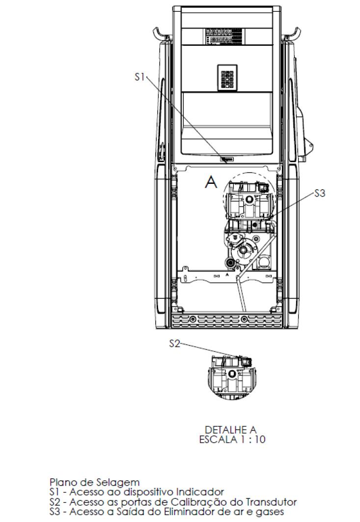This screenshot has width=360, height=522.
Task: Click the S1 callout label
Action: click(140, 77)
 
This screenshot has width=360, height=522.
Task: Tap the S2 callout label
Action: click(174, 343)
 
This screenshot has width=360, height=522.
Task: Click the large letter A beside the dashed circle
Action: click(211, 182)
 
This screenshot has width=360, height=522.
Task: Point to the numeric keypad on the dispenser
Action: click(227, 78)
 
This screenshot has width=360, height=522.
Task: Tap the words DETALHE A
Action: click(230, 430)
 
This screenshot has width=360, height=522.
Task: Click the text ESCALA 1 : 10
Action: click(232, 439)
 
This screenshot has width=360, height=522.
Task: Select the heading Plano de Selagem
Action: click(94, 482)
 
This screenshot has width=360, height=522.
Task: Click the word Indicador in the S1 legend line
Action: click(199, 492)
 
